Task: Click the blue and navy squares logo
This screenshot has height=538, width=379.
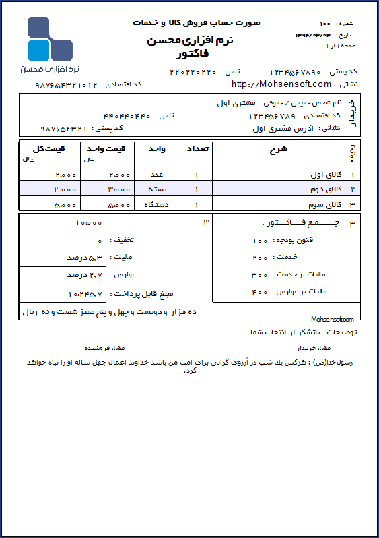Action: (x=49, y=39)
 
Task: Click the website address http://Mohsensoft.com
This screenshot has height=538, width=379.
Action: (x=281, y=84)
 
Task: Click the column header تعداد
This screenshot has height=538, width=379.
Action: (x=197, y=148)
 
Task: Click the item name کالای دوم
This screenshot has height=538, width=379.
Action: (x=325, y=188)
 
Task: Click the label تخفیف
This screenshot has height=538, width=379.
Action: (x=121, y=240)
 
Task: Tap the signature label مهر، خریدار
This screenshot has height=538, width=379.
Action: (x=313, y=349)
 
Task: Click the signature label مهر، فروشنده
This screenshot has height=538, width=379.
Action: (x=102, y=349)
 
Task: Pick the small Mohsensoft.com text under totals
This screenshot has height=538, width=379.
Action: (x=333, y=319)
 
